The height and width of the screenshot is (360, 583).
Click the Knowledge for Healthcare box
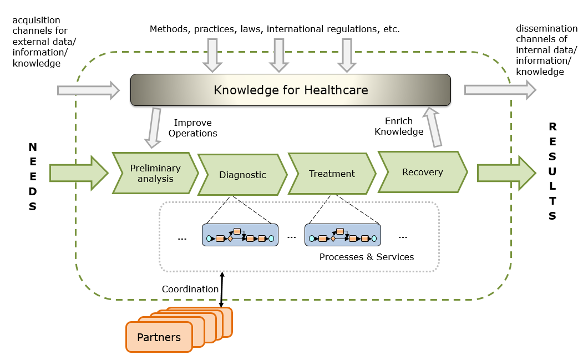tap(290, 90)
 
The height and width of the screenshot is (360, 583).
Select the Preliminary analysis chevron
tap(155, 173)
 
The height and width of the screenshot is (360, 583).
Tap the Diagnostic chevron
tap(242, 175)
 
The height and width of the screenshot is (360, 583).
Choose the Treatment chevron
tap(332, 174)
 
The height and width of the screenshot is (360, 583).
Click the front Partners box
tap(159, 337)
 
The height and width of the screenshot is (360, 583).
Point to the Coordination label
tap(190, 289)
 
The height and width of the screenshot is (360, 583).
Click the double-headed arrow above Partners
tap(222, 288)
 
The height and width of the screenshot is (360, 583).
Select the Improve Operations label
tap(192, 128)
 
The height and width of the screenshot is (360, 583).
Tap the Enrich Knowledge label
tap(399, 126)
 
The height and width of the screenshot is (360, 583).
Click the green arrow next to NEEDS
tap(78, 173)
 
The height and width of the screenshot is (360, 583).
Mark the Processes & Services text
tap(366, 257)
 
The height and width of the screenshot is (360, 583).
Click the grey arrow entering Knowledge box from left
tap(88, 90)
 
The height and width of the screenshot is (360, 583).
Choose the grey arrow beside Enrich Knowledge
tap(433, 127)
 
